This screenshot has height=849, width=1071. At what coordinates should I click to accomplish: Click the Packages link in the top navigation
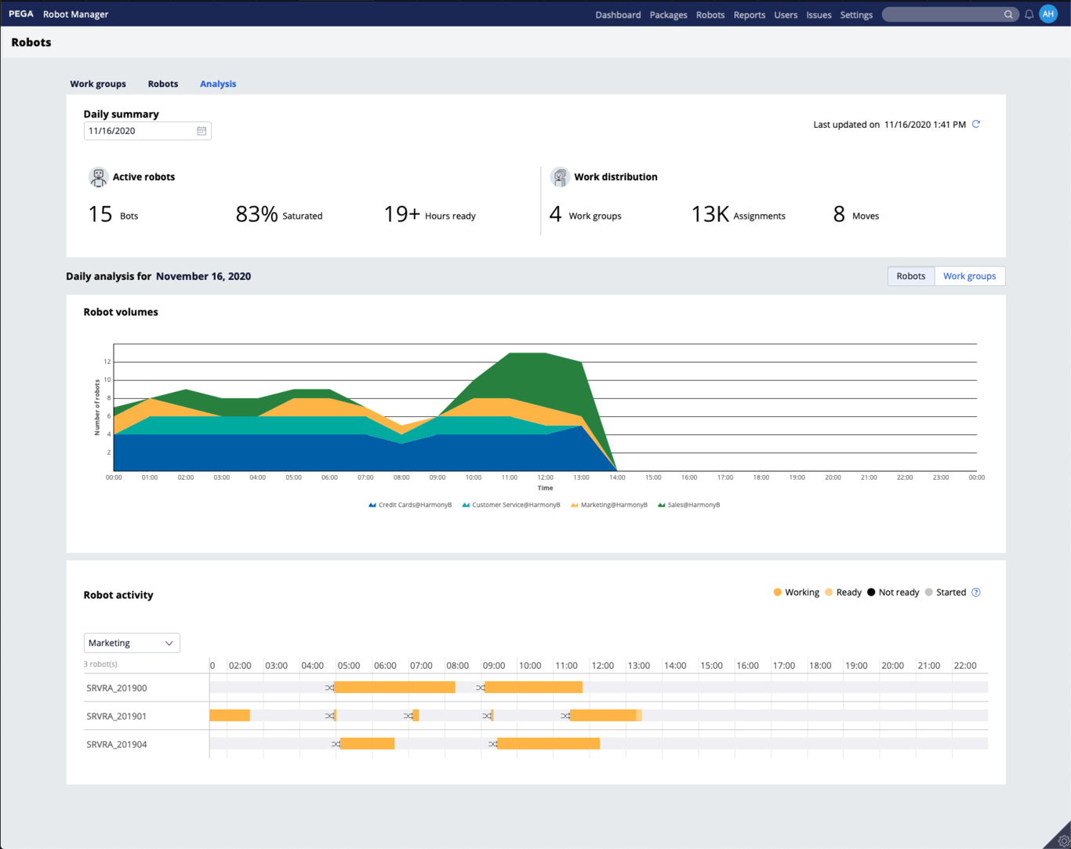(x=668, y=15)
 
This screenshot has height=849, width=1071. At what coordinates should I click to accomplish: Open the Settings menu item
(x=856, y=15)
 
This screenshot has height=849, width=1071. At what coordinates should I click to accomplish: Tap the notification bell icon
(x=1029, y=14)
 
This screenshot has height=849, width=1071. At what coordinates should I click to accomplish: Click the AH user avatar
(x=1048, y=14)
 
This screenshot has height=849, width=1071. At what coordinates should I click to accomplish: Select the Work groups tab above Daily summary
(x=98, y=84)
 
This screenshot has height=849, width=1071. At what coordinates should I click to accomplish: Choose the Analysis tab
(x=218, y=84)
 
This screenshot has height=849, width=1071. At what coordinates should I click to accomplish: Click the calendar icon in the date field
(x=201, y=131)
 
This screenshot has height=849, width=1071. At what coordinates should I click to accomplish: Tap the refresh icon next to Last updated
(x=976, y=124)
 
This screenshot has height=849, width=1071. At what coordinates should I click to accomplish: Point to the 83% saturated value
(x=257, y=214)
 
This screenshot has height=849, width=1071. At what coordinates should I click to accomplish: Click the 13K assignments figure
(x=710, y=214)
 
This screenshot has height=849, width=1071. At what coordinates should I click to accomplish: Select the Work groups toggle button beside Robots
(x=969, y=276)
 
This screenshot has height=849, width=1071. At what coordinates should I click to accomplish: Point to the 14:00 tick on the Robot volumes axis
(x=617, y=477)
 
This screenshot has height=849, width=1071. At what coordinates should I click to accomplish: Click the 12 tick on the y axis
(x=107, y=361)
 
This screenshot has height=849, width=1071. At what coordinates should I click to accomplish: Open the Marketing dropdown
(x=132, y=643)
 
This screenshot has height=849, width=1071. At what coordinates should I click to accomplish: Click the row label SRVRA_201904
(x=117, y=744)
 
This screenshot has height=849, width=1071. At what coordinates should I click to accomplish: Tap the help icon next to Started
(x=976, y=593)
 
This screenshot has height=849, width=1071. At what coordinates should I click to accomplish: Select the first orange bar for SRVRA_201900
(x=394, y=688)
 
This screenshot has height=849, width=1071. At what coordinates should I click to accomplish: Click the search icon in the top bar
(x=1008, y=15)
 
